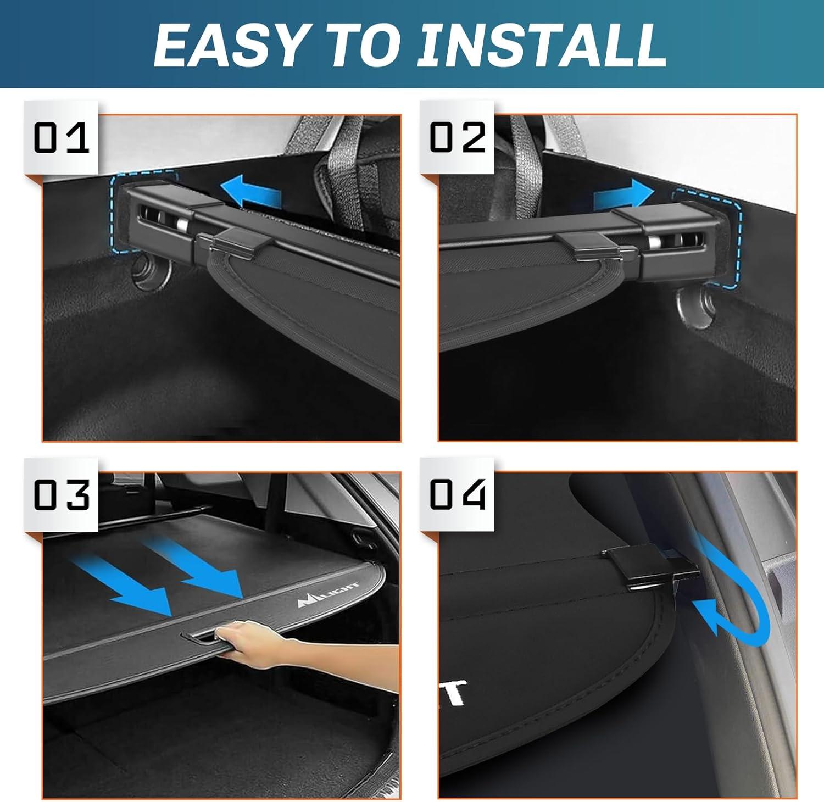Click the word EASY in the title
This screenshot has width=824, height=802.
tap(230, 45)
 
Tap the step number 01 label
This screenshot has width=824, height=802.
tap(61, 137)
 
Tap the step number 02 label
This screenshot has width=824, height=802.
tap(458, 137)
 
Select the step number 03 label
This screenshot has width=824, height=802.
tap(61, 494)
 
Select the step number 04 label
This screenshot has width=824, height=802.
tap(458, 494)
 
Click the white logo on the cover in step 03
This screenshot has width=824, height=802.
tap(329, 595)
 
